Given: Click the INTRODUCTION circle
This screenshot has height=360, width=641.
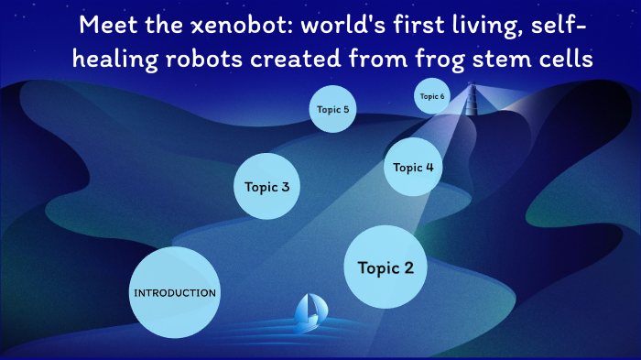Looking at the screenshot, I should click(x=175, y=293).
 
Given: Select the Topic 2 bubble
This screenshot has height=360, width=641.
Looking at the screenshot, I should click(x=386, y=267).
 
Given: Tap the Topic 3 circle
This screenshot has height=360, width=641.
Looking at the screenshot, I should click(x=267, y=187).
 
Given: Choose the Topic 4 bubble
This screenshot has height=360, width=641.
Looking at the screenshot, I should click(x=413, y=167).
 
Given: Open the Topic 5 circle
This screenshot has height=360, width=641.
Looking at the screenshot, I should click(x=332, y=109).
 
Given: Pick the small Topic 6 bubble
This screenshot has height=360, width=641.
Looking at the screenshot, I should click(x=432, y=96).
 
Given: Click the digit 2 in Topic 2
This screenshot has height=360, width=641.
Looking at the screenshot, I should click(x=408, y=267).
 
